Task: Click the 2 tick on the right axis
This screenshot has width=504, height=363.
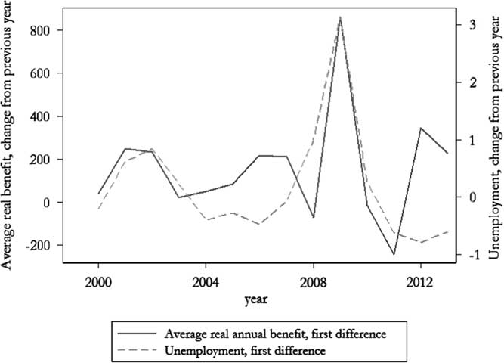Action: coord(472,82)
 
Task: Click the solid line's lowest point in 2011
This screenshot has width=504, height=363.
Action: coord(394,254)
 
